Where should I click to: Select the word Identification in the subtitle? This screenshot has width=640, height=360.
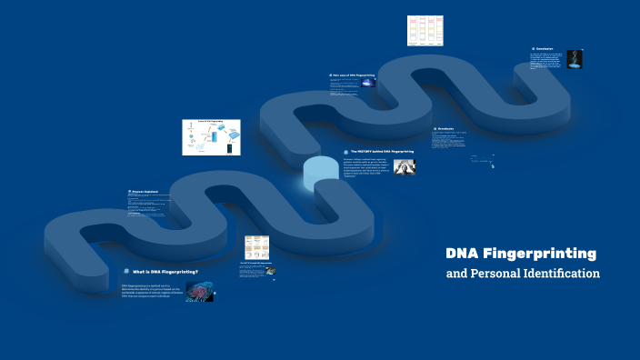[560, 273]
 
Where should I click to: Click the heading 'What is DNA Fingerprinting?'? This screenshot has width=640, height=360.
[165, 272]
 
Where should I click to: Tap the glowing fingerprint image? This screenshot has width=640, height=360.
[200, 291]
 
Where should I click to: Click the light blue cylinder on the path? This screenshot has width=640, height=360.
[318, 173]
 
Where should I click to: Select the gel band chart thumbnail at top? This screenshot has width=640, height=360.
[425, 30]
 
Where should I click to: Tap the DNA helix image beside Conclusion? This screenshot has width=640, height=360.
[574, 59]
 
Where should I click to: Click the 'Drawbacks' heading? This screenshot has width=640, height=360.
[445, 129]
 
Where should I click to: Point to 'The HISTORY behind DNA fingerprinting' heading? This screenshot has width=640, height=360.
[382, 152]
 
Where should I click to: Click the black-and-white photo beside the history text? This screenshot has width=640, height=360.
[404, 166]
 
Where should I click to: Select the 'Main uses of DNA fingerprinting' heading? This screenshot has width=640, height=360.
[354, 75]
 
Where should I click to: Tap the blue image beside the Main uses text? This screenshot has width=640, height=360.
[367, 83]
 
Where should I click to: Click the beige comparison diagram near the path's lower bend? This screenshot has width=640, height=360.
[256, 248]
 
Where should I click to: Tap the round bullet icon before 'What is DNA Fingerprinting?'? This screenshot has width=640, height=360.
[126, 272]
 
